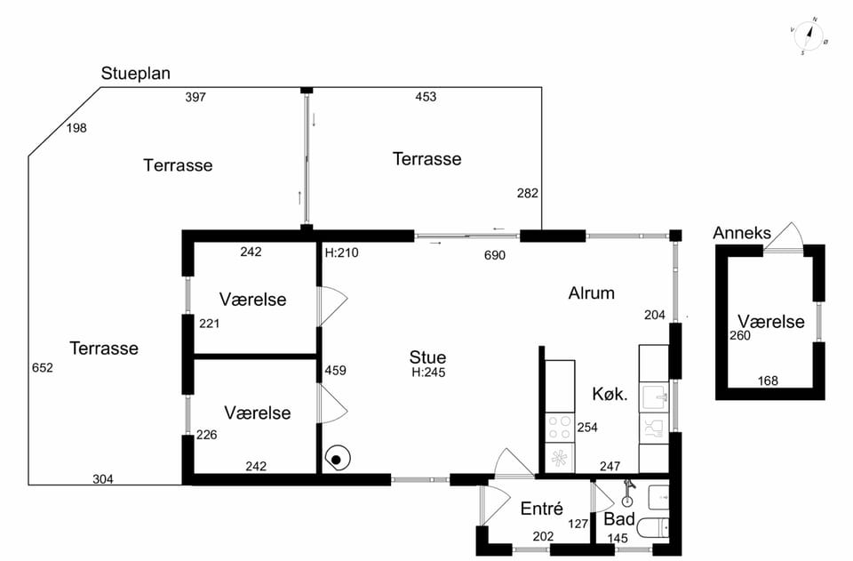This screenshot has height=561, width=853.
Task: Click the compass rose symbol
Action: coord(809,36)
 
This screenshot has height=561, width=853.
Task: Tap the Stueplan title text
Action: coord(135,74)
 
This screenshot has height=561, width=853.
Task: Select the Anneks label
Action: coord(742,233)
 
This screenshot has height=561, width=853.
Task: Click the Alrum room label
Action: coord(592,293)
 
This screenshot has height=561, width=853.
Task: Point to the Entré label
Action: coord(541,509)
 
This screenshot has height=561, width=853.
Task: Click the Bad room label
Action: coord(619,519)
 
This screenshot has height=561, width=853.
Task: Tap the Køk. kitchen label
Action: coord(610,394)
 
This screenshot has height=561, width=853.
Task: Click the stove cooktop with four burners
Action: coord(560,427)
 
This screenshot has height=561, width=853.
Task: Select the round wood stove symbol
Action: coord(338,460)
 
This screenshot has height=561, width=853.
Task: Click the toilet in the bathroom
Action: coord(653,528)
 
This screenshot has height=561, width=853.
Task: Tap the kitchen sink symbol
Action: coord(654,397)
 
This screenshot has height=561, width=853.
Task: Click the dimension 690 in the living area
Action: coord(495,255)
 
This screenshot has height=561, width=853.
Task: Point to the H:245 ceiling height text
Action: coord(428,373)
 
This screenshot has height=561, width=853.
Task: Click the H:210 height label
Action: coord(341,253)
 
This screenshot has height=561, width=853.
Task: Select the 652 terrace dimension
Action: coord(43,368)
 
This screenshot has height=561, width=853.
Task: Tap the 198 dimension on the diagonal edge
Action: coord(76,128)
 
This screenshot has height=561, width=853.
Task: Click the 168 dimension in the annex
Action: coord(768,381)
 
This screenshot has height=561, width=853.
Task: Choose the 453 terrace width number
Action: coord(426,97)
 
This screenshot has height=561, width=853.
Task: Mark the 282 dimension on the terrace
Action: coord(527,193)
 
